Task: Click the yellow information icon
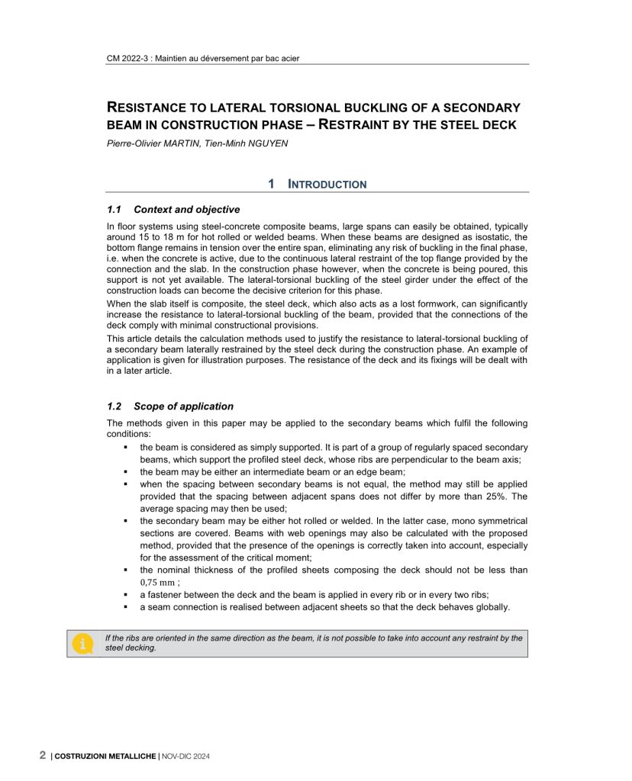pyautogui.click(x=82, y=644)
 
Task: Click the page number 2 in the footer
pyautogui.click(x=43, y=756)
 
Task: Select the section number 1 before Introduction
pyautogui.click(x=271, y=184)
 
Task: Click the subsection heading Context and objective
pyautogui.click(x=186, y=210)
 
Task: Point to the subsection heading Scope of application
pyautogui.click(x=183, y=407)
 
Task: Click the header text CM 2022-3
pyautogui.click(x=127, y=58)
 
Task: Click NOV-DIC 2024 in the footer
pyautogui.click(x=185, y=757)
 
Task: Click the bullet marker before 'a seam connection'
pyautogui.click(x=124, y=607)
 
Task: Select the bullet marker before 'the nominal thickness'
pyautogui.click(x=124, y=570)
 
